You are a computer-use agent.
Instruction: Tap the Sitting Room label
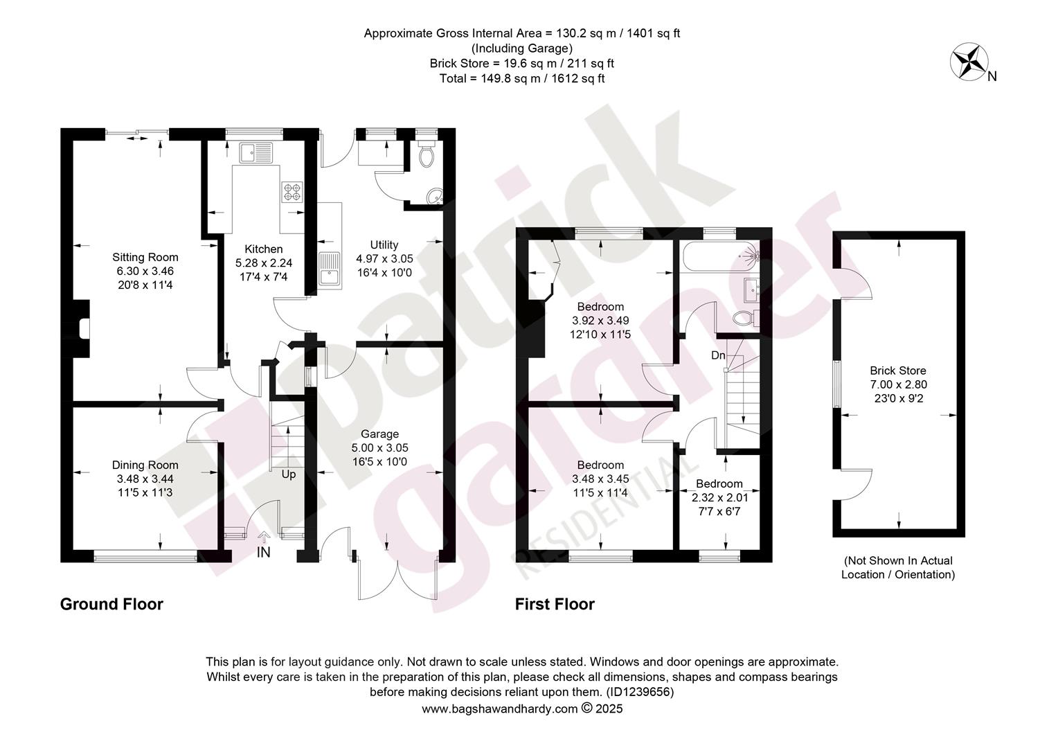coord(145,258)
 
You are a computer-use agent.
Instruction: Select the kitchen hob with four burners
coord(292,193)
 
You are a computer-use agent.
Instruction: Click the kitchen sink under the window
coord(255,152)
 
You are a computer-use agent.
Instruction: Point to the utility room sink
coord(330,269)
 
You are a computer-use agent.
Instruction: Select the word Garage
coord(379,434)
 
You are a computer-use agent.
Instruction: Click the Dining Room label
coord(145,465)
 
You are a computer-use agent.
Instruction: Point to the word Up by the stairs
coord(289,474)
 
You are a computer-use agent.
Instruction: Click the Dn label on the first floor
coord(718,355)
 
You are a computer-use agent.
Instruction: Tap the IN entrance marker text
coord(264,552)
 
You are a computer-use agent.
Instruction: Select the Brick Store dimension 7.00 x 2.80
coord(898,384)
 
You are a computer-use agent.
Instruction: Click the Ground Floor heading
coord(111,605)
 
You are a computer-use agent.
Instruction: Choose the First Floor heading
coord(555,605)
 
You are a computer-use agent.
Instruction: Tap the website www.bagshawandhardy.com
coord(500,709)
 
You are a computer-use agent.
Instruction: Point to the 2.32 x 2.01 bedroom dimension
coord(719,497)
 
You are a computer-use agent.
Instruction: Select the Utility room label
coord(384,244)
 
